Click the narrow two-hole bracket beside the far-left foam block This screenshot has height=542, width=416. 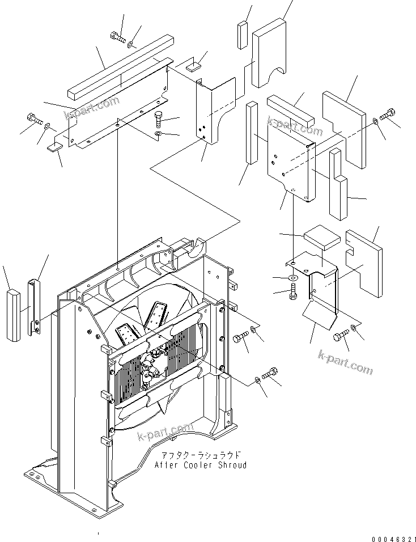[x=35, y=307]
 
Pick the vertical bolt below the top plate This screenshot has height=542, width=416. [x=159, y=120]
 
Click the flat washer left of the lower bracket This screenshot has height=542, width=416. [x=292, y=278]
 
